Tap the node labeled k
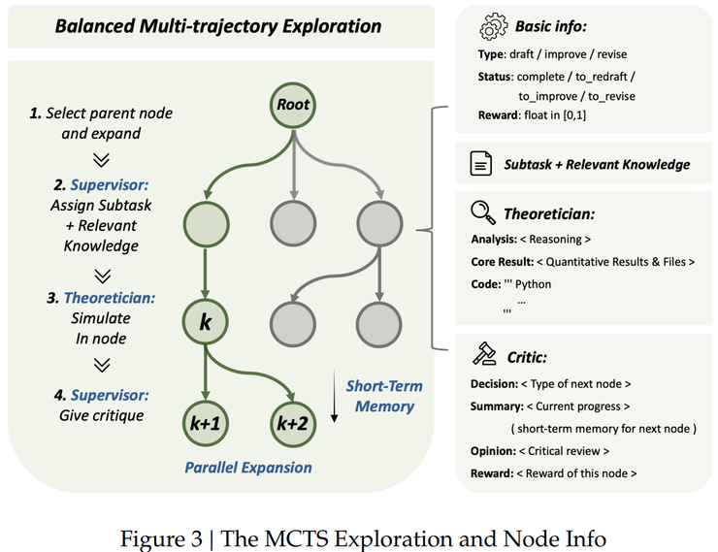(x=206, y=322)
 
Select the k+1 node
(x=206, y=424)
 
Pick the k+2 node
(x=291, y=424)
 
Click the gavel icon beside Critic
(x=481, y=355)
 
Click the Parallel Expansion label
(x=247, y=468)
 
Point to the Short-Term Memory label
(x=384, y=396)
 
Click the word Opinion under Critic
(x=494, y=451)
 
